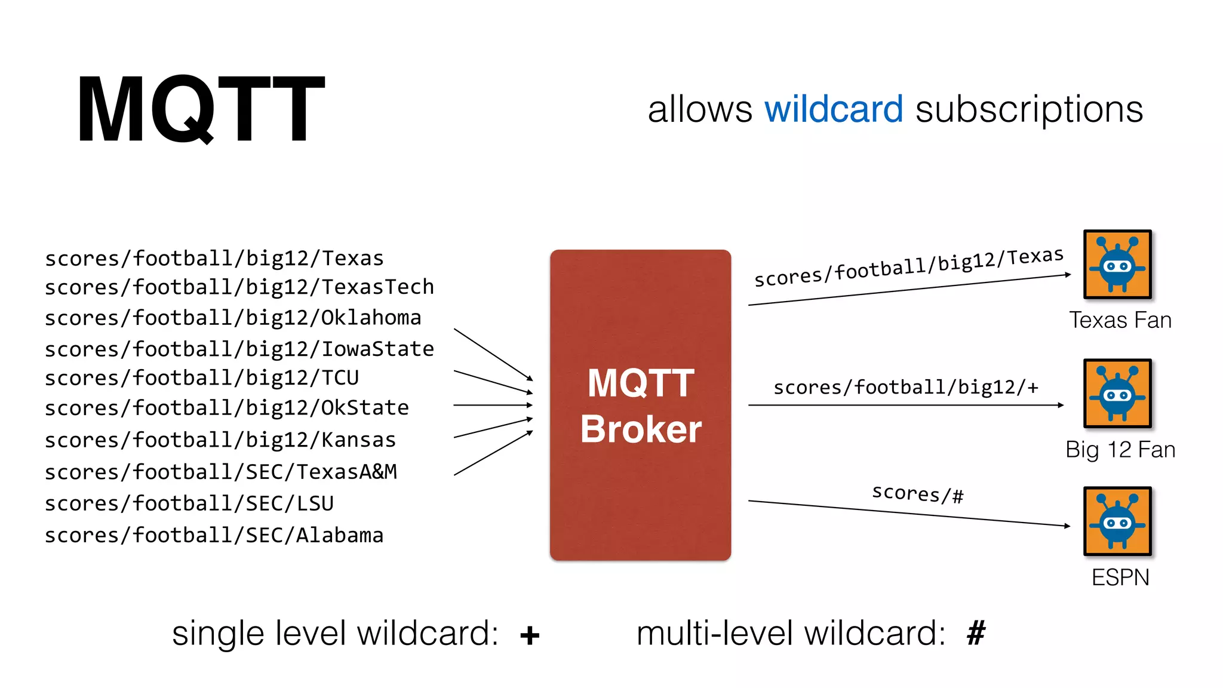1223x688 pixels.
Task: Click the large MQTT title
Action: coord(201,109)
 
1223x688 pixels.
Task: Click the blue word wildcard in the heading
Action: coord(834,109)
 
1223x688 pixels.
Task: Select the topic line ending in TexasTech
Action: coord(239,287)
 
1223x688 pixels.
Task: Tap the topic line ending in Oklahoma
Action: coord(233,318)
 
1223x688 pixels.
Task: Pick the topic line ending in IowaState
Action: coord(239,349)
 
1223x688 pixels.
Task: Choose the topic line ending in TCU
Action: coord(202,378)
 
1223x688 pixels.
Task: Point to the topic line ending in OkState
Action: coord(227,408)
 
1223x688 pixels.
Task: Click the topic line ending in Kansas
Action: coord(220,440)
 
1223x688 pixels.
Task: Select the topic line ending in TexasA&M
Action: coord(221,472)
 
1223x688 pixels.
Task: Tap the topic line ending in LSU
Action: coord(189,503)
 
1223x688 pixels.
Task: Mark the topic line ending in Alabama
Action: coord(214,535)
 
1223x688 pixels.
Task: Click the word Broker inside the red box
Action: coord(641,429)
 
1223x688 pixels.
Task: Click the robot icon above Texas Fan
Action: coord(1117,265)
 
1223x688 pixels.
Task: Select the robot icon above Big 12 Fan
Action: coord(1117,394)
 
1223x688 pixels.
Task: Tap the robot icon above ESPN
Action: coord(1117,521)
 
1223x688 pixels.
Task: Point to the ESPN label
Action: coord(1120,578)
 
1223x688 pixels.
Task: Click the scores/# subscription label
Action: coord(918,493)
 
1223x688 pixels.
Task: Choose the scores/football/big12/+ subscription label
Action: coord(906,387)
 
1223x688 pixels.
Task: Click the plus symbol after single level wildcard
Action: coord(530,635)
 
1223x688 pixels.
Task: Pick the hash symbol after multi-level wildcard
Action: coord(976,633)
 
